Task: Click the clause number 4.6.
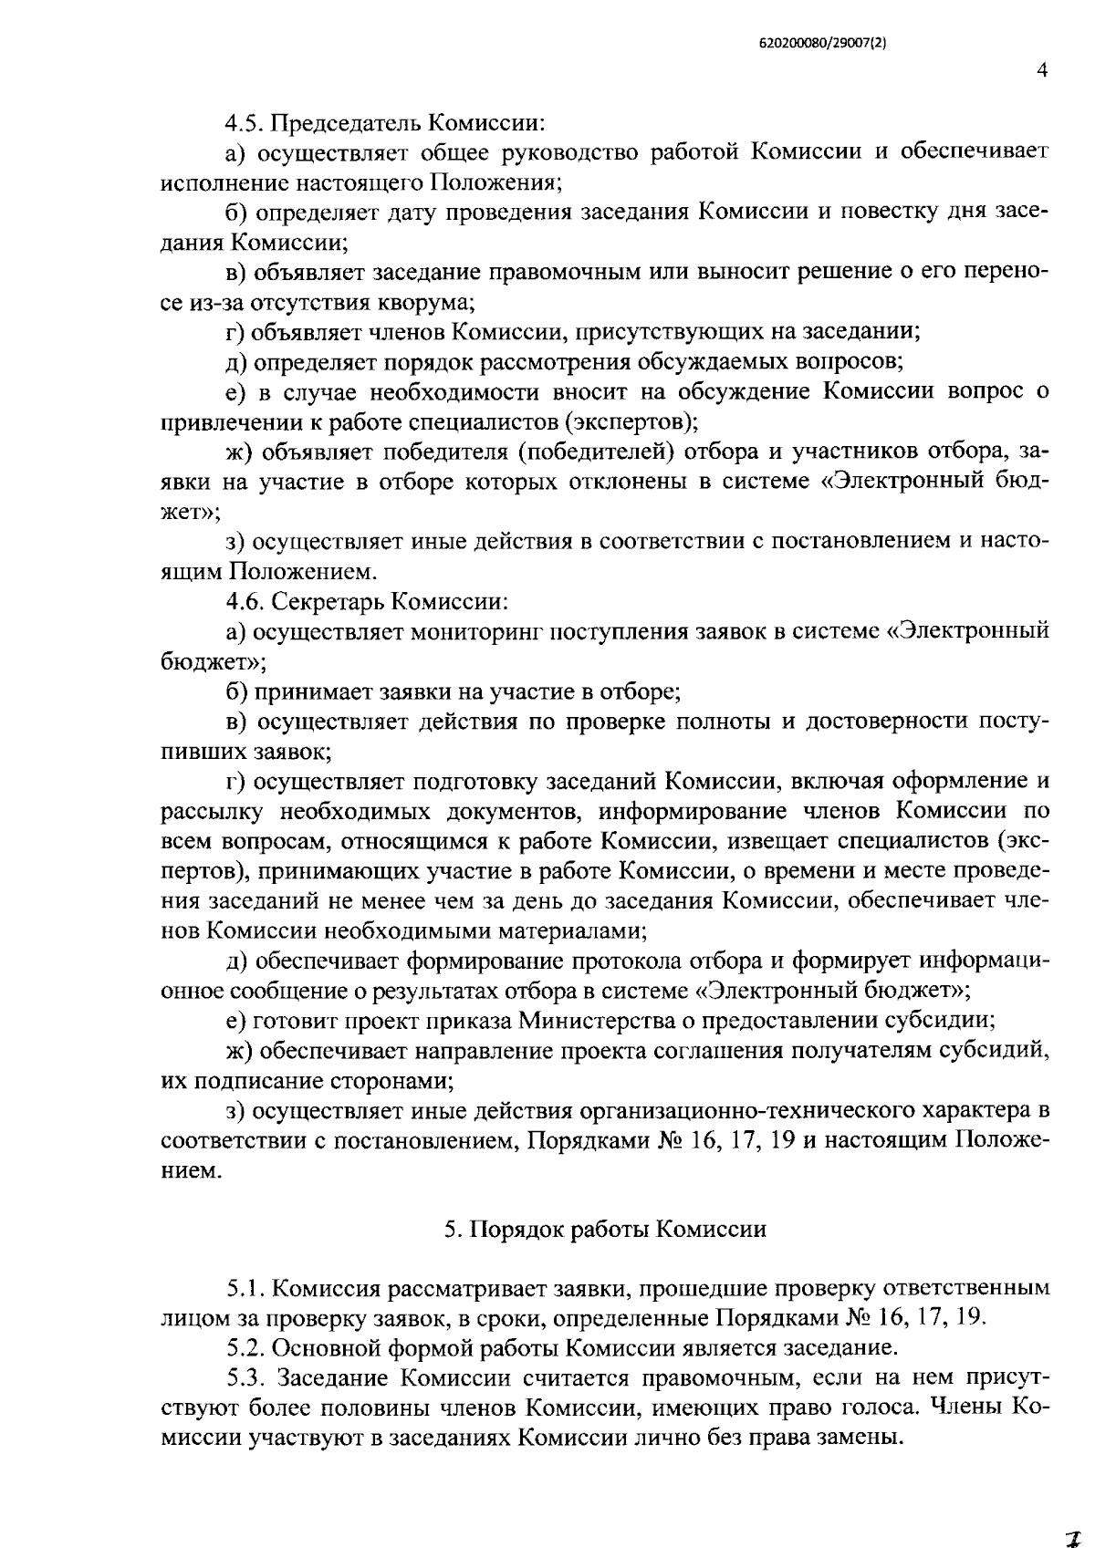[245, 601]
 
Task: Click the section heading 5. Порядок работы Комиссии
[605, 1230]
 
